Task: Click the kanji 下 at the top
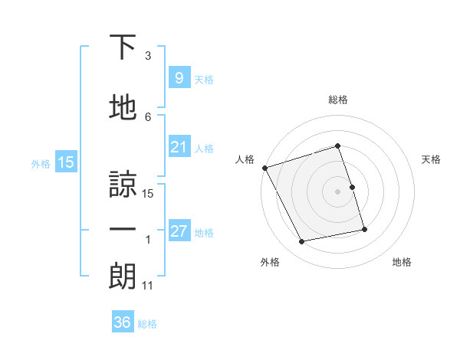pyautogui.click(x=123, y=47)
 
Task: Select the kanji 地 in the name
pyautogui.click(x=123, y=110)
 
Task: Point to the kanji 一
pyautogui.click(x=123, y=229)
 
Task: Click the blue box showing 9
pyautogui.click(x=179, y=77)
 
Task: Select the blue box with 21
pyautogui.click(x=179, y=147)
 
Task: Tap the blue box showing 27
pyautogui.click(x=179, y=231)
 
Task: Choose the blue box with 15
pyautogui.click(x=65, y=162)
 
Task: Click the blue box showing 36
pyautogui.click(x=122, y=322)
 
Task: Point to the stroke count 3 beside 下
pyautogui.click(x=148, y=56)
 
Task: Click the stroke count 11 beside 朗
pyautogui.click(x=147, y=286)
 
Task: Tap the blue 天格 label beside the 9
pyautogui.click(x=203, y=79)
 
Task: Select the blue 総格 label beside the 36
pyautogui.click(x=147, y=324)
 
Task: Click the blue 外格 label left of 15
pyautogui.click(x=41, y=163)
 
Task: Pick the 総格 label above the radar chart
pyautogui.click(x=337, y=100)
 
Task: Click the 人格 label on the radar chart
pyautogui.click(x=245, y=159)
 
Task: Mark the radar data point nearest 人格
pyautogui.click(x=264, y=168)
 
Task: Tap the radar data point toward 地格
pyautogui.click(x=364, y=229)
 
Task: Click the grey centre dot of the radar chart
pyautogui.click(x=337, y=191)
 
